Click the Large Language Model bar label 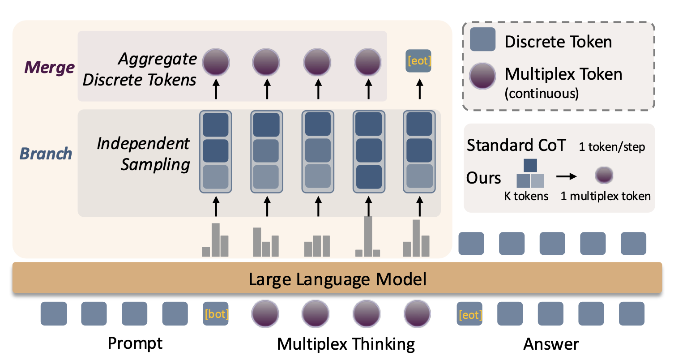337,279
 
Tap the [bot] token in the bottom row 216,314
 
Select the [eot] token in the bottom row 470,314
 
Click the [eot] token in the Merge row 418,61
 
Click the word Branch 46,154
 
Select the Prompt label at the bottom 135,344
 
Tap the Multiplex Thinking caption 346,344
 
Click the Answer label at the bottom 551,344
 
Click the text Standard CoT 516,146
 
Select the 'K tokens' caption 526,196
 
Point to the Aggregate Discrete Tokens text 140,69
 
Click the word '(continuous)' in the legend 542,94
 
